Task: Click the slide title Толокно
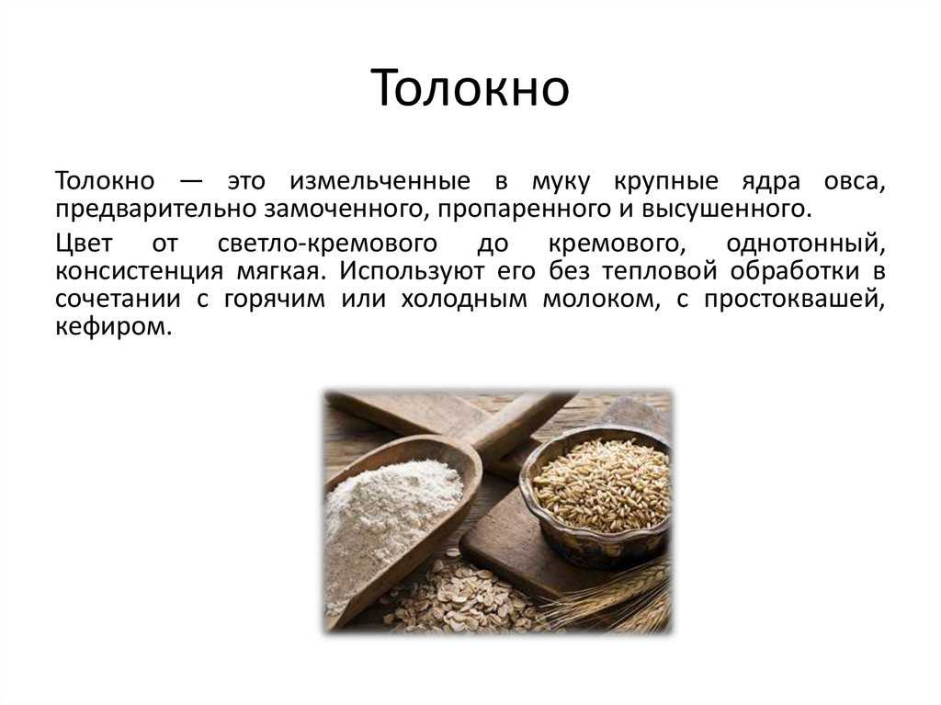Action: click(470, 87)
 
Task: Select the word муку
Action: click(561, 182)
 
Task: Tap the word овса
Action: click(854, 182)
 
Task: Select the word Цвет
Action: click(84, 244)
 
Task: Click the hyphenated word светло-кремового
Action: click(327, 244)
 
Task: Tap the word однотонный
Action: click(805, 244)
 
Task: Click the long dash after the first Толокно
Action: click(191, 182)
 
